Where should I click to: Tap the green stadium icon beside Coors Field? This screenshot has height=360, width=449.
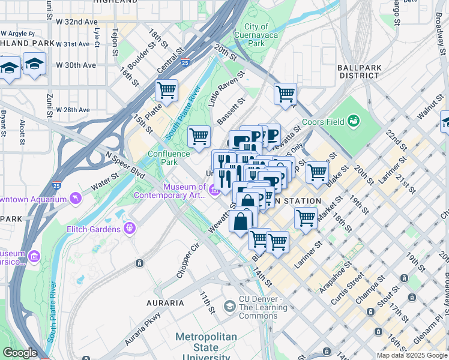coord(353,121)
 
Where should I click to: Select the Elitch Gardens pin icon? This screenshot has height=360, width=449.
coord(129,229)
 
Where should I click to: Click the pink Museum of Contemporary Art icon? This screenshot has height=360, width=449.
coord(214,191)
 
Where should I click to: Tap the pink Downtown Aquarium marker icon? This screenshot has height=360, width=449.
coord(76,197)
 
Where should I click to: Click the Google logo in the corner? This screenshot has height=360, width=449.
coord(20,353)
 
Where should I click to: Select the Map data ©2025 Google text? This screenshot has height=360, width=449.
coord(412,355)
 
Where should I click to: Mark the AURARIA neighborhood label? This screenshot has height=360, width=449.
coord(166,303)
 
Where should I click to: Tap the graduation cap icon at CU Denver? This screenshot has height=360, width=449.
coord(229,307)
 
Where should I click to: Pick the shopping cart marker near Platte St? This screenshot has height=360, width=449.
coord(167,91)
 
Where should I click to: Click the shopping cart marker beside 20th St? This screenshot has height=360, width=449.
coord(285,94)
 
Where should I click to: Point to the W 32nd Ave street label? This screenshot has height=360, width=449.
coord(76,22)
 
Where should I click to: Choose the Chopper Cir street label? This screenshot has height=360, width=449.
coord(187,259)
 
